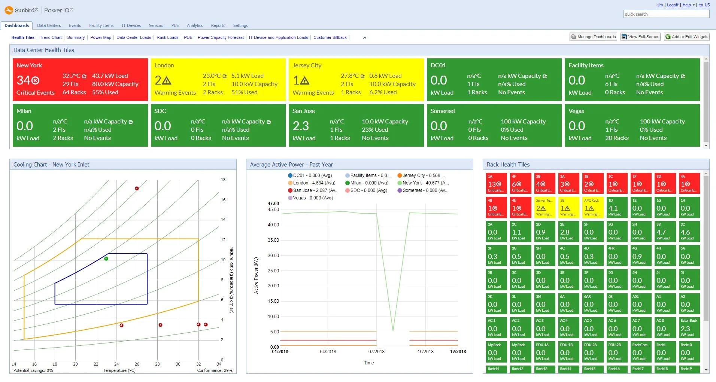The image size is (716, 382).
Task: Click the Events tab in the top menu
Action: coord(75,25)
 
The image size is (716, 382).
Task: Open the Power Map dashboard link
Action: coord(101,37)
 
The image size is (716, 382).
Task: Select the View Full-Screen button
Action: coord(640,37)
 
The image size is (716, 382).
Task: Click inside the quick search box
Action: coord(666,14)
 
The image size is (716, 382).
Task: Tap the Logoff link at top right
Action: coord(673,5)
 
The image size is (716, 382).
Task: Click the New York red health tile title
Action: coord(29,65)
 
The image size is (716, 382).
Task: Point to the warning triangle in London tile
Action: coord(167,80)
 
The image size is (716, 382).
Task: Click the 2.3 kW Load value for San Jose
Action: coord(301,126)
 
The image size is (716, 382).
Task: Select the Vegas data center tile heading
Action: coord(576,111)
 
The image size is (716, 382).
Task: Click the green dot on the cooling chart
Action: coord(106,259)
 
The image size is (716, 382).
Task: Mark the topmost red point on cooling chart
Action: coord(137,188)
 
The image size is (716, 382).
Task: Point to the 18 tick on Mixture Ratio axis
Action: coord(223,180)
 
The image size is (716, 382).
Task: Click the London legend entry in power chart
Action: coord(311,183)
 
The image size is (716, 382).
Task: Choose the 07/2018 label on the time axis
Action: coord(376,351)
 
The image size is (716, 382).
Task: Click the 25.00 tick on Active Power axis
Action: coord(273,271)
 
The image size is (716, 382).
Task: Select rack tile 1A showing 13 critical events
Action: coord(496,183)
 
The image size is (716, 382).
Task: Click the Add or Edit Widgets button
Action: coord(686,37)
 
